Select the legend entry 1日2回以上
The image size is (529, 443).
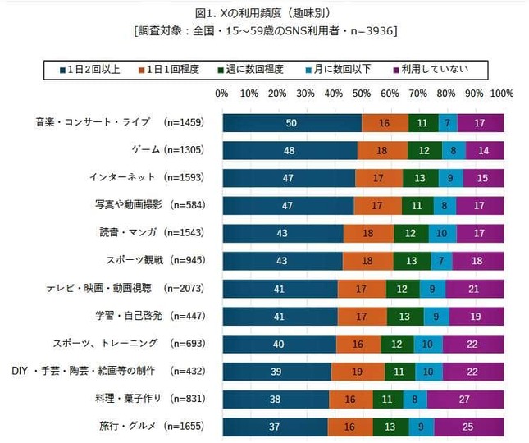click(x=89, y=68)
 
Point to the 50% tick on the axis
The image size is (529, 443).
click(x=362, y=94)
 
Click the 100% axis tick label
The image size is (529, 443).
click(x=501, y=94)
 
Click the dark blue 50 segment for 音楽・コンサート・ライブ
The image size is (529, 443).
click(x=291, y=122)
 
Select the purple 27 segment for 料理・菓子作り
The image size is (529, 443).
click(x=464, y=399)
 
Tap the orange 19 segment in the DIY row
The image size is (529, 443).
click(x=358, y=371)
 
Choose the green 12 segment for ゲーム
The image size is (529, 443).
click(x=424, y=150)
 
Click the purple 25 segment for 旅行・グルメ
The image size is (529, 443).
click(x=467, y=427)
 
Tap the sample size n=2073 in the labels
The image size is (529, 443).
click(x=185, y=288)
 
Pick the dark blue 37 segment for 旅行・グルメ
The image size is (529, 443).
click(x=274, y=427)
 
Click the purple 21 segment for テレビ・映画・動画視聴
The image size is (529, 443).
click(x=474, y=288)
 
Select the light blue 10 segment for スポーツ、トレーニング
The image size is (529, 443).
click(x=427, y=344)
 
